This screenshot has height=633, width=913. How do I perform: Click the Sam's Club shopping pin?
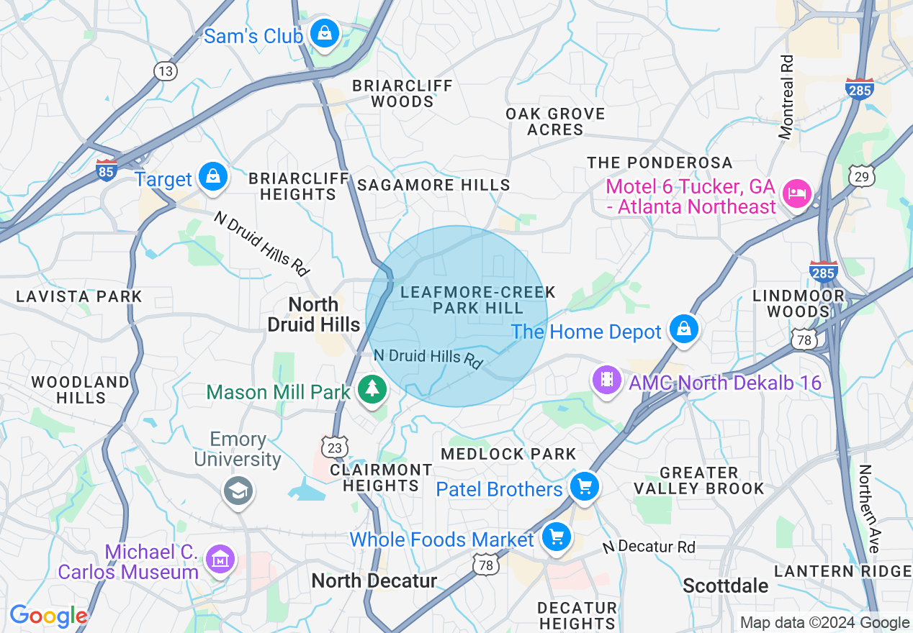point(325,33)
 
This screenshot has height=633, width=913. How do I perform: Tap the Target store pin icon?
point(213,176)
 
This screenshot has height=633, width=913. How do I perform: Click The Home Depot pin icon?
point(683,329)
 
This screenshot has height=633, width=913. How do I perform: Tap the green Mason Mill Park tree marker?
point(372,389)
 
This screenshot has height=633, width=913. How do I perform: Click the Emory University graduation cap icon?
point(238,491)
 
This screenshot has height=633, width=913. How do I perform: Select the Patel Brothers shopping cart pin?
point(584,487)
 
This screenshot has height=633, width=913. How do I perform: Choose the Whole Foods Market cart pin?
point(556,537)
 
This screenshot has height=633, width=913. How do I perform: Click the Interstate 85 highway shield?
point(106,170)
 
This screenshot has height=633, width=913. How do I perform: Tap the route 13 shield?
point(165,70)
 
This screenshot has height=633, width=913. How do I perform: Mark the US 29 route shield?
point(861,176)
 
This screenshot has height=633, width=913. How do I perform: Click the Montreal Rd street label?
point(787,97)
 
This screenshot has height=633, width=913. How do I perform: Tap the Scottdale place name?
point(725,586)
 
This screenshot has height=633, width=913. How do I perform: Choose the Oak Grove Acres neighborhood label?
point(555,122)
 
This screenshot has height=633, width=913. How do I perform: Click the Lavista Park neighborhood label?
point(79,296)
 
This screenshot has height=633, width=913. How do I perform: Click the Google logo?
point(48,616)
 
